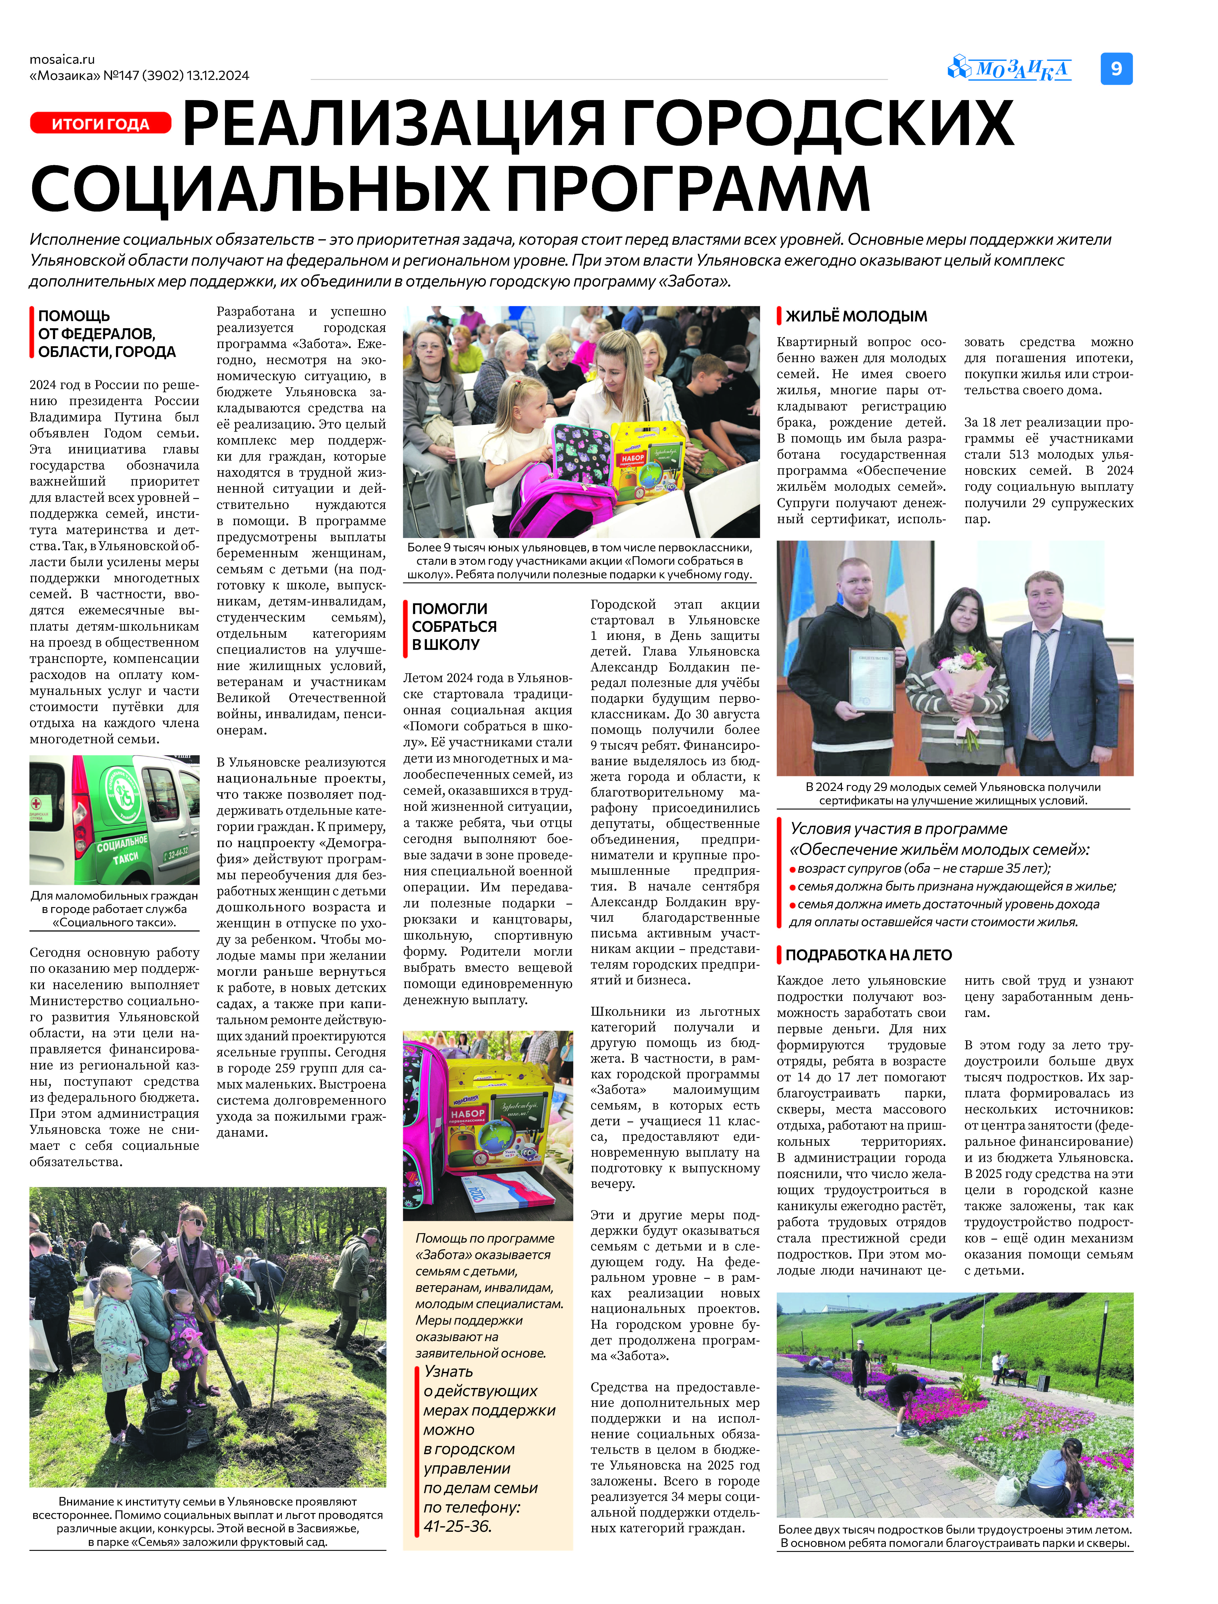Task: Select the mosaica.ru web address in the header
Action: [x=62, y=59]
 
